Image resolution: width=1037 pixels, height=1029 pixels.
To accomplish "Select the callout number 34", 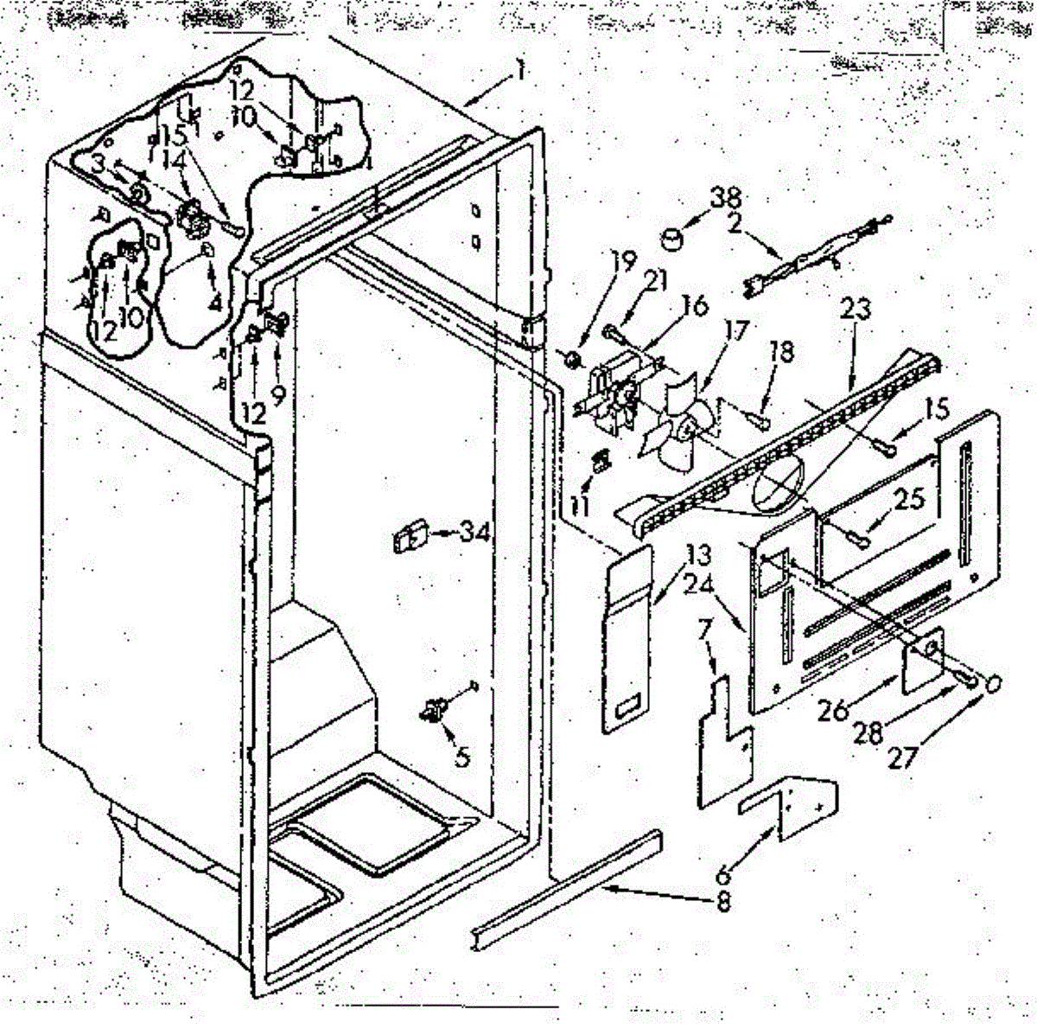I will click(x=474, y=534).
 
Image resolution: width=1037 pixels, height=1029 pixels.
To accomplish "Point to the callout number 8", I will click(x=722, y=903).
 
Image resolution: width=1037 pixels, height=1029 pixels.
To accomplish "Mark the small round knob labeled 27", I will click(x=993, y=683).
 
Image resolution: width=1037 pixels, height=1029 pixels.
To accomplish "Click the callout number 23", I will click(x=860, y=307).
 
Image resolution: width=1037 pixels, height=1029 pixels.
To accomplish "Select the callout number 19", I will click(x=624, y=259).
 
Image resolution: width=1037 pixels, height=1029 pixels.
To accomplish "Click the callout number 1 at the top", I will click(x=520, y=73).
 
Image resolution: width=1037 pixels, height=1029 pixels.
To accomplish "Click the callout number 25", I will click(x=910, y=499).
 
